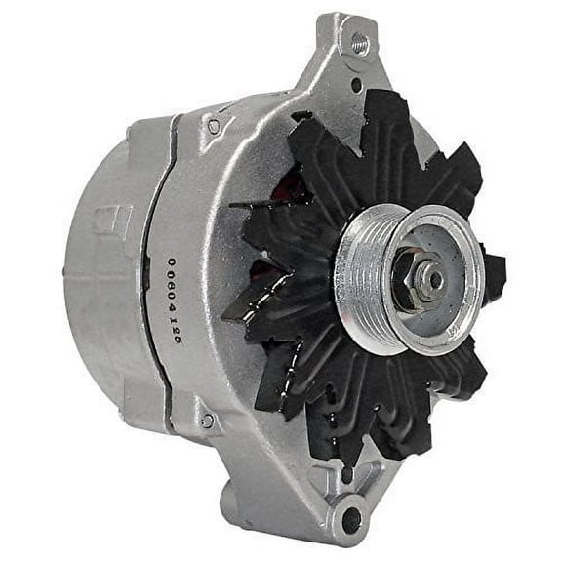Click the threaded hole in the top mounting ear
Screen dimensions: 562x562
359,43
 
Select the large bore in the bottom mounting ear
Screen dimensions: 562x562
350,519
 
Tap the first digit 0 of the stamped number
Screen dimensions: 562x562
173,261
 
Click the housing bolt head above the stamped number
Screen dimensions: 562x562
214,126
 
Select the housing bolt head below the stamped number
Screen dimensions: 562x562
207,421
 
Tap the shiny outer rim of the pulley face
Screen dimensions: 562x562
459,322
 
